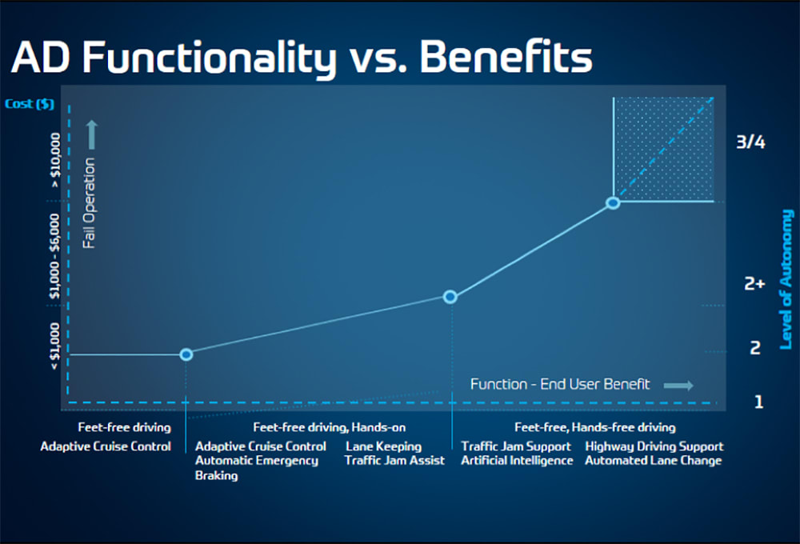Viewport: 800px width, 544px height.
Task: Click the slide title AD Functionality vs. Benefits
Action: (302, 57)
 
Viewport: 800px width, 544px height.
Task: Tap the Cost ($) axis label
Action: (29, 104)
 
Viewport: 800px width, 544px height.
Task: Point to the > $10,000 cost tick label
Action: (55, 160)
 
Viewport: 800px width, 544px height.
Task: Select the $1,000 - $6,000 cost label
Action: (54, 256)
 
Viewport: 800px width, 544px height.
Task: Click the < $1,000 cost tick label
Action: (54, 346)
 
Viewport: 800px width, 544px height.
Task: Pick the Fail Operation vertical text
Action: (90, 203)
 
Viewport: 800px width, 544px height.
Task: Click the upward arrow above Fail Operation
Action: (91, 134)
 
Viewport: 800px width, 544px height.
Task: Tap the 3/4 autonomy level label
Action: (750, 142)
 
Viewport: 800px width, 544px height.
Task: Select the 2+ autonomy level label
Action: (754, 283)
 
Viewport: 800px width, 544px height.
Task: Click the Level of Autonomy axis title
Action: (786, 280)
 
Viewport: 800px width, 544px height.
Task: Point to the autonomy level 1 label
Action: (758, 402)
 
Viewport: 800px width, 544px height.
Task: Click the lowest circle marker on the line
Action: (186, 354)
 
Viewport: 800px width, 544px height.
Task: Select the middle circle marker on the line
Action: (450, 297)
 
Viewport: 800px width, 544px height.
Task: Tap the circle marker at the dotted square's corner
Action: (614, 202)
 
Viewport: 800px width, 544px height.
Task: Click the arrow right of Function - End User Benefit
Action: (678, 386)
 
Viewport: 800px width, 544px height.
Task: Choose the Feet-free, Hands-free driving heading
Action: (595, 427)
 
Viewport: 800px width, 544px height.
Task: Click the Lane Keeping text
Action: (384, 446)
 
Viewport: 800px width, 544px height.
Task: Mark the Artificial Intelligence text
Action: (517, 461)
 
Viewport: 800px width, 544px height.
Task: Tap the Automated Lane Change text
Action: (653, 461)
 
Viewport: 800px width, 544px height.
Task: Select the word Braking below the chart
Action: (216, 476)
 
